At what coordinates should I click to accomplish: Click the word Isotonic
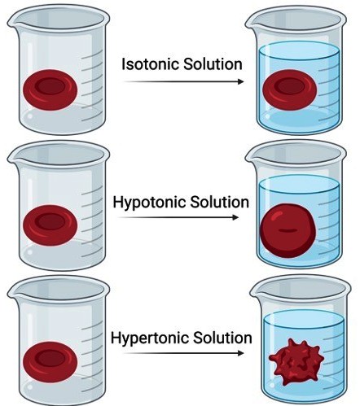pos(151,64)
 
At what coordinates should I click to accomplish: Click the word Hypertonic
pos(150,338)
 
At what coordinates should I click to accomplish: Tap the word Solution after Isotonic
pos(213,64)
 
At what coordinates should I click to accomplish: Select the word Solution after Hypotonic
pos(219,203)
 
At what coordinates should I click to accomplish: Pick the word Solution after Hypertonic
pos(222,338)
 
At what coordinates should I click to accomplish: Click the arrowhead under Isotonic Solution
pos(240,81)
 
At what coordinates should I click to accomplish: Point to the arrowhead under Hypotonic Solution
pos(235,217)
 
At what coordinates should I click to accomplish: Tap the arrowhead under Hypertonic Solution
pos(240,353)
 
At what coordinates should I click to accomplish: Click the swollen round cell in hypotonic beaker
pos(288,230)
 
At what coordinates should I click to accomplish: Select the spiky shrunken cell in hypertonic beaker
pos(296,362)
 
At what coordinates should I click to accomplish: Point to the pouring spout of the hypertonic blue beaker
pos(256,291)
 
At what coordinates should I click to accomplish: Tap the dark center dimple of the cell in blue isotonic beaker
pos(290,86)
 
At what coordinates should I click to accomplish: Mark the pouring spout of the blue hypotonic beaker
pos(252,155)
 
